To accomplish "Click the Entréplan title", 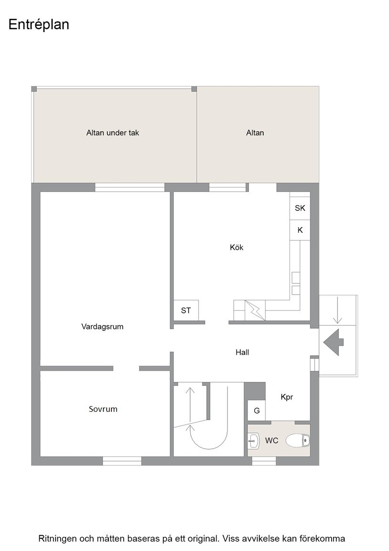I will (x=39, y=25).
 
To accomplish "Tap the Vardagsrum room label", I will (x=102, y=327).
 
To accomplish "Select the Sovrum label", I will (x=103, y=409).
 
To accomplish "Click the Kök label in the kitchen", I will (x=237, y=248).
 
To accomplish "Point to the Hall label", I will (x=242, y=353).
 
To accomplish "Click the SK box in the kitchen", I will (x=300, y=209).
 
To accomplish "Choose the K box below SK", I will (x=300, y=230).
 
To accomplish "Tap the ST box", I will (x=186, y=310).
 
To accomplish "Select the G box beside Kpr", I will (x=257, y=411).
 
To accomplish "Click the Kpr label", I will (x=287, y=397).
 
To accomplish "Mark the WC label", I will (x=271, y=441).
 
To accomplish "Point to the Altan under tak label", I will (x=112, y=133).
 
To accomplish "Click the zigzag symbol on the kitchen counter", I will (x=254, y=310).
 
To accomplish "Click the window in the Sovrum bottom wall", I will (x=122, y=461).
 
